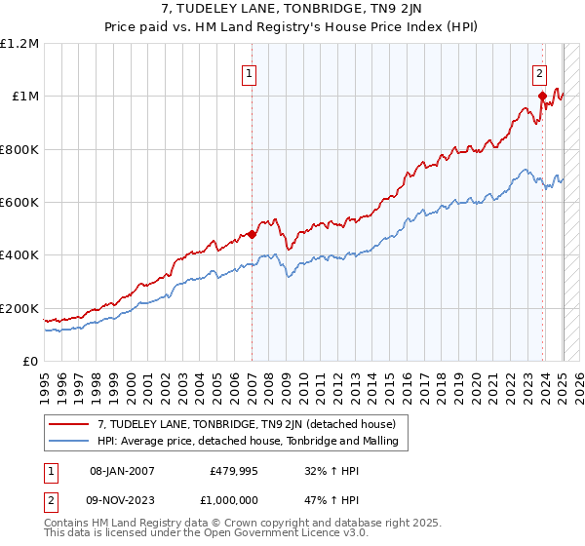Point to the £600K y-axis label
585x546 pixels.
point(19,202)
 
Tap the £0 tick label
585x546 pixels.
point(31,361)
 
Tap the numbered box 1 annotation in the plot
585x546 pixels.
point(250,72)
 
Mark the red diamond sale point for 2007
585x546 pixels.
point(252,234)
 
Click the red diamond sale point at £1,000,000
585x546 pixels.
point(542,97)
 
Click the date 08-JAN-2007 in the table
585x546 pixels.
point(122,470)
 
